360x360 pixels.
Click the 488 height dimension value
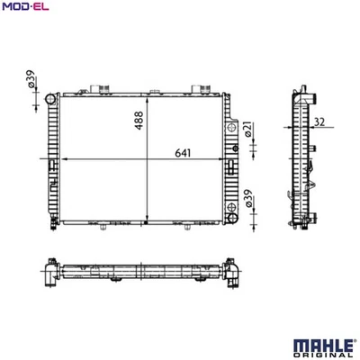139,121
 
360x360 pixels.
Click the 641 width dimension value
183,153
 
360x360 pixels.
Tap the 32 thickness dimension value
319,121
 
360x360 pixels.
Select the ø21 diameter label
249,130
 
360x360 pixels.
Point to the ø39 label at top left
31,79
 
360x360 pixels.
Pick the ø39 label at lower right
249,198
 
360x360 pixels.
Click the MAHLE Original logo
323,349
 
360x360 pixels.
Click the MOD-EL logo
25,5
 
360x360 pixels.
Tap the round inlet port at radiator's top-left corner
50,99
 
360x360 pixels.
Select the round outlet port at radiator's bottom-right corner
232,218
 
